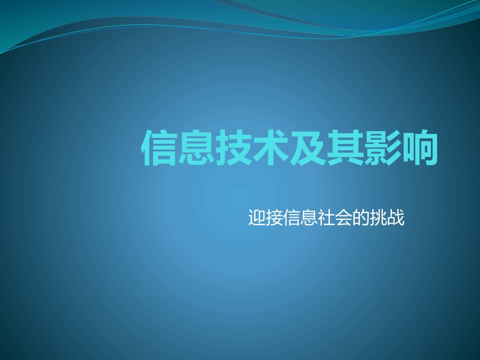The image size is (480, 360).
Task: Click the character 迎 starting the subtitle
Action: (x=257, y=218)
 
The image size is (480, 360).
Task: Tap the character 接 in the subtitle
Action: (x=274, y=218)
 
